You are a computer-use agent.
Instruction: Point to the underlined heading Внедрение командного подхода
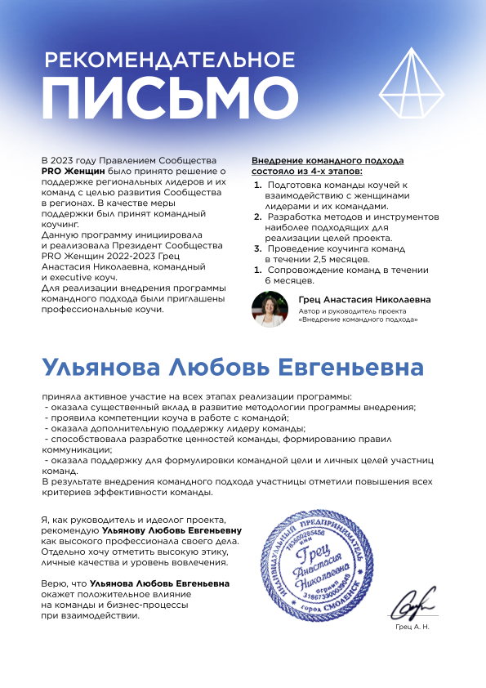[x=328, y=161]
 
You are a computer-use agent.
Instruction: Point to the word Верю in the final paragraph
[x=52, y=583]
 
